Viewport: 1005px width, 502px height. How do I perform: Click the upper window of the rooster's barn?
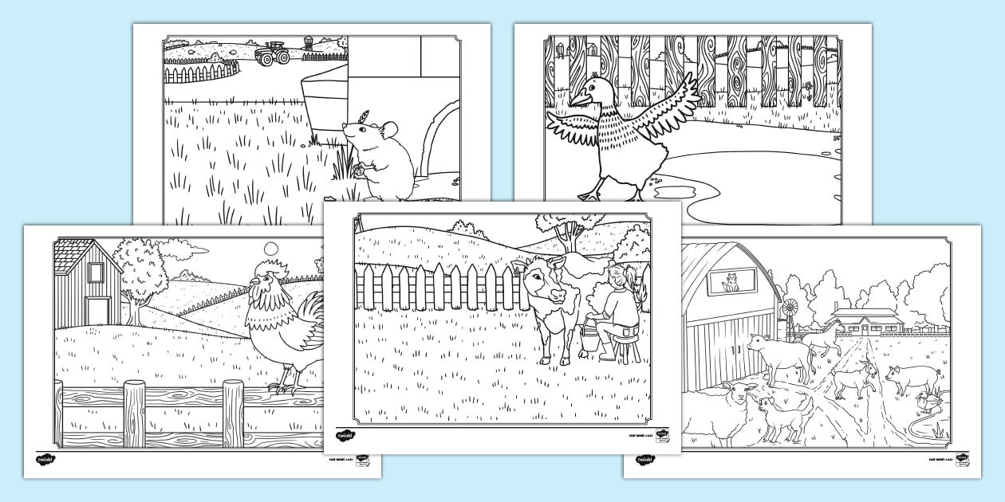93,273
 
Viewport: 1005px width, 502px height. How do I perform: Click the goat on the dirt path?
851,377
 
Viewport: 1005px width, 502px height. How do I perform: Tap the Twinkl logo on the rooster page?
47,460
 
